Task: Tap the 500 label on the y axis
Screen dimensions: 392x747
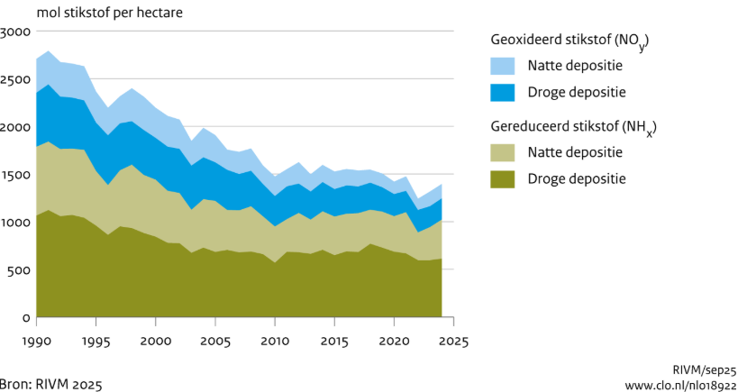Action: [x=21, y=270]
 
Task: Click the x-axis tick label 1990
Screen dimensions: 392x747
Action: [x=36, y=342]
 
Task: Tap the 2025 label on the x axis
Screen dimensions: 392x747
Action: [x=453, y=342]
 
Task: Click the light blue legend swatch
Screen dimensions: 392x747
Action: [x=503, y=66]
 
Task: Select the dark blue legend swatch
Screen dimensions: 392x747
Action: [x=503, y=92]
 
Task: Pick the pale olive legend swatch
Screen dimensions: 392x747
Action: [x=503, y=152]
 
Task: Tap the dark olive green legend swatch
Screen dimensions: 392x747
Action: [x=503, y=178]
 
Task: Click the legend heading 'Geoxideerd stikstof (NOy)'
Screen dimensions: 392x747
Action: [x=569, y=41]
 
